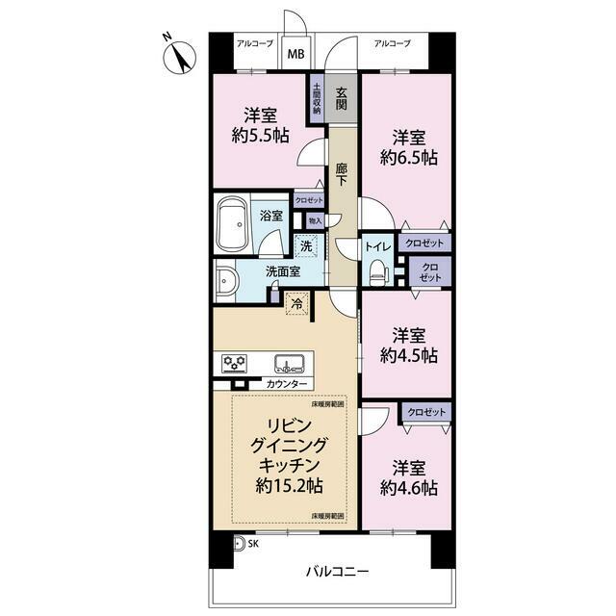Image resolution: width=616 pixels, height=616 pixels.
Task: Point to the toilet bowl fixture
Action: click(377, 272)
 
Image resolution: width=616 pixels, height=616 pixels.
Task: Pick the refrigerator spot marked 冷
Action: click(298, 300)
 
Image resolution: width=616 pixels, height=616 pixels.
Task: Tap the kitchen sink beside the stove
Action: click(290, 364)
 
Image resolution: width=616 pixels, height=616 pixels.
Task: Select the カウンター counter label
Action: click(286, 385)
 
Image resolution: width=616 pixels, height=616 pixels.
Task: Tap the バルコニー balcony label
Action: click(337, 571)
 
